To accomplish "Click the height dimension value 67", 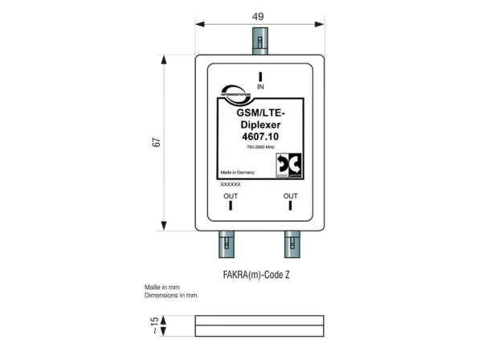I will tap(158, 141).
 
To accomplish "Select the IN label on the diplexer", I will tap(259, 85).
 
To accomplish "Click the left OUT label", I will tap(231, 195).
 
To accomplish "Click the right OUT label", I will tap(290, 195).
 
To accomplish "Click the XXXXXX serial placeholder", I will tap(231, 184).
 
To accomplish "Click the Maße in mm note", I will tap(161, 287).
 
